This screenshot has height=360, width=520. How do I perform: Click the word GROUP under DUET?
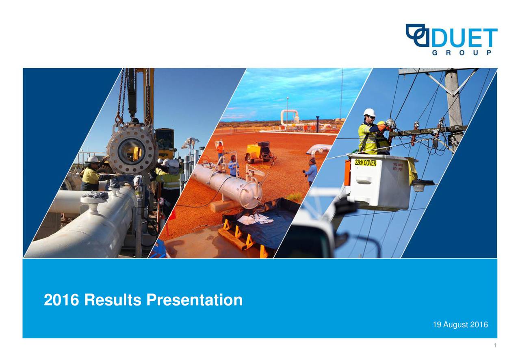(x=462, y=53)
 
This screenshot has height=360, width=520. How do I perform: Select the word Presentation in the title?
(x=194, y=300)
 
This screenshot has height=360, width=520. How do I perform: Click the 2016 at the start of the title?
(x=62, y=300)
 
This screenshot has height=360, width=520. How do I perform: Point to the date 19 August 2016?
(x=460, y=325)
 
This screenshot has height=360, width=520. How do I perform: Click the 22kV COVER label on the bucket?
(x=365, y=163)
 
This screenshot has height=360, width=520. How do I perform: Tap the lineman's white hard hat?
(x=369, y=113)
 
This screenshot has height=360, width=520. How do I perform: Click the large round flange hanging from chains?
(x=132, y=149)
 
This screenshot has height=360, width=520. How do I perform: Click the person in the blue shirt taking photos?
(x=311, y=172)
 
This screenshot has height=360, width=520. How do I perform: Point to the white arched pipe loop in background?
(x=289, y=116)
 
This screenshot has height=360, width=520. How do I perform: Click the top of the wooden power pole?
(x=452, y=77)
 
